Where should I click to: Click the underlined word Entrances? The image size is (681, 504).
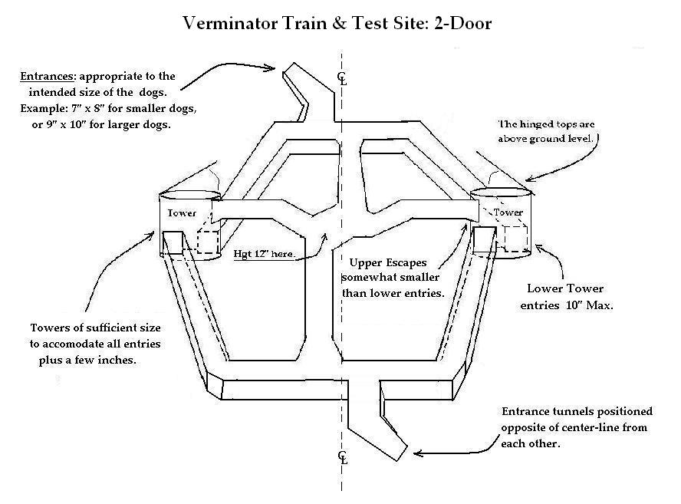pos(47,77)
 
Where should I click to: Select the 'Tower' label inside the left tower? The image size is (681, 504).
pos(182,213)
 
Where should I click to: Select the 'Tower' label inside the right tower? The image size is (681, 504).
pos(508,212)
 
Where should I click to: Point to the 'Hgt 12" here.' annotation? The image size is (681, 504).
pos(265,254)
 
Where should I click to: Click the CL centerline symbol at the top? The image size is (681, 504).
pos(343,78)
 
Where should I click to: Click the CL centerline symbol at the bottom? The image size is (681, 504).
pos(343,457)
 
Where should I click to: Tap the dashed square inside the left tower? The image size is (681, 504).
pos(208,242)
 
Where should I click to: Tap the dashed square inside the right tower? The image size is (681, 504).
pos(516,239)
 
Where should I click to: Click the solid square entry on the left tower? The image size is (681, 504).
pos(173,242)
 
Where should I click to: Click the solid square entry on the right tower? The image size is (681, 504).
pos(485,239)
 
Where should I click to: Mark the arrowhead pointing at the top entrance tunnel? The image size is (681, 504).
pos(271,68)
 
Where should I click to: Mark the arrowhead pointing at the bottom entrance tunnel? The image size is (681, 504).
pos(417,453)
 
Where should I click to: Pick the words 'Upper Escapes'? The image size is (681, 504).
pos(388,263)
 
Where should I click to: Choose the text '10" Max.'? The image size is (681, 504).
pos(590,305)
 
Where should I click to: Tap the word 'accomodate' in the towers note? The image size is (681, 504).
pos(79,344)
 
